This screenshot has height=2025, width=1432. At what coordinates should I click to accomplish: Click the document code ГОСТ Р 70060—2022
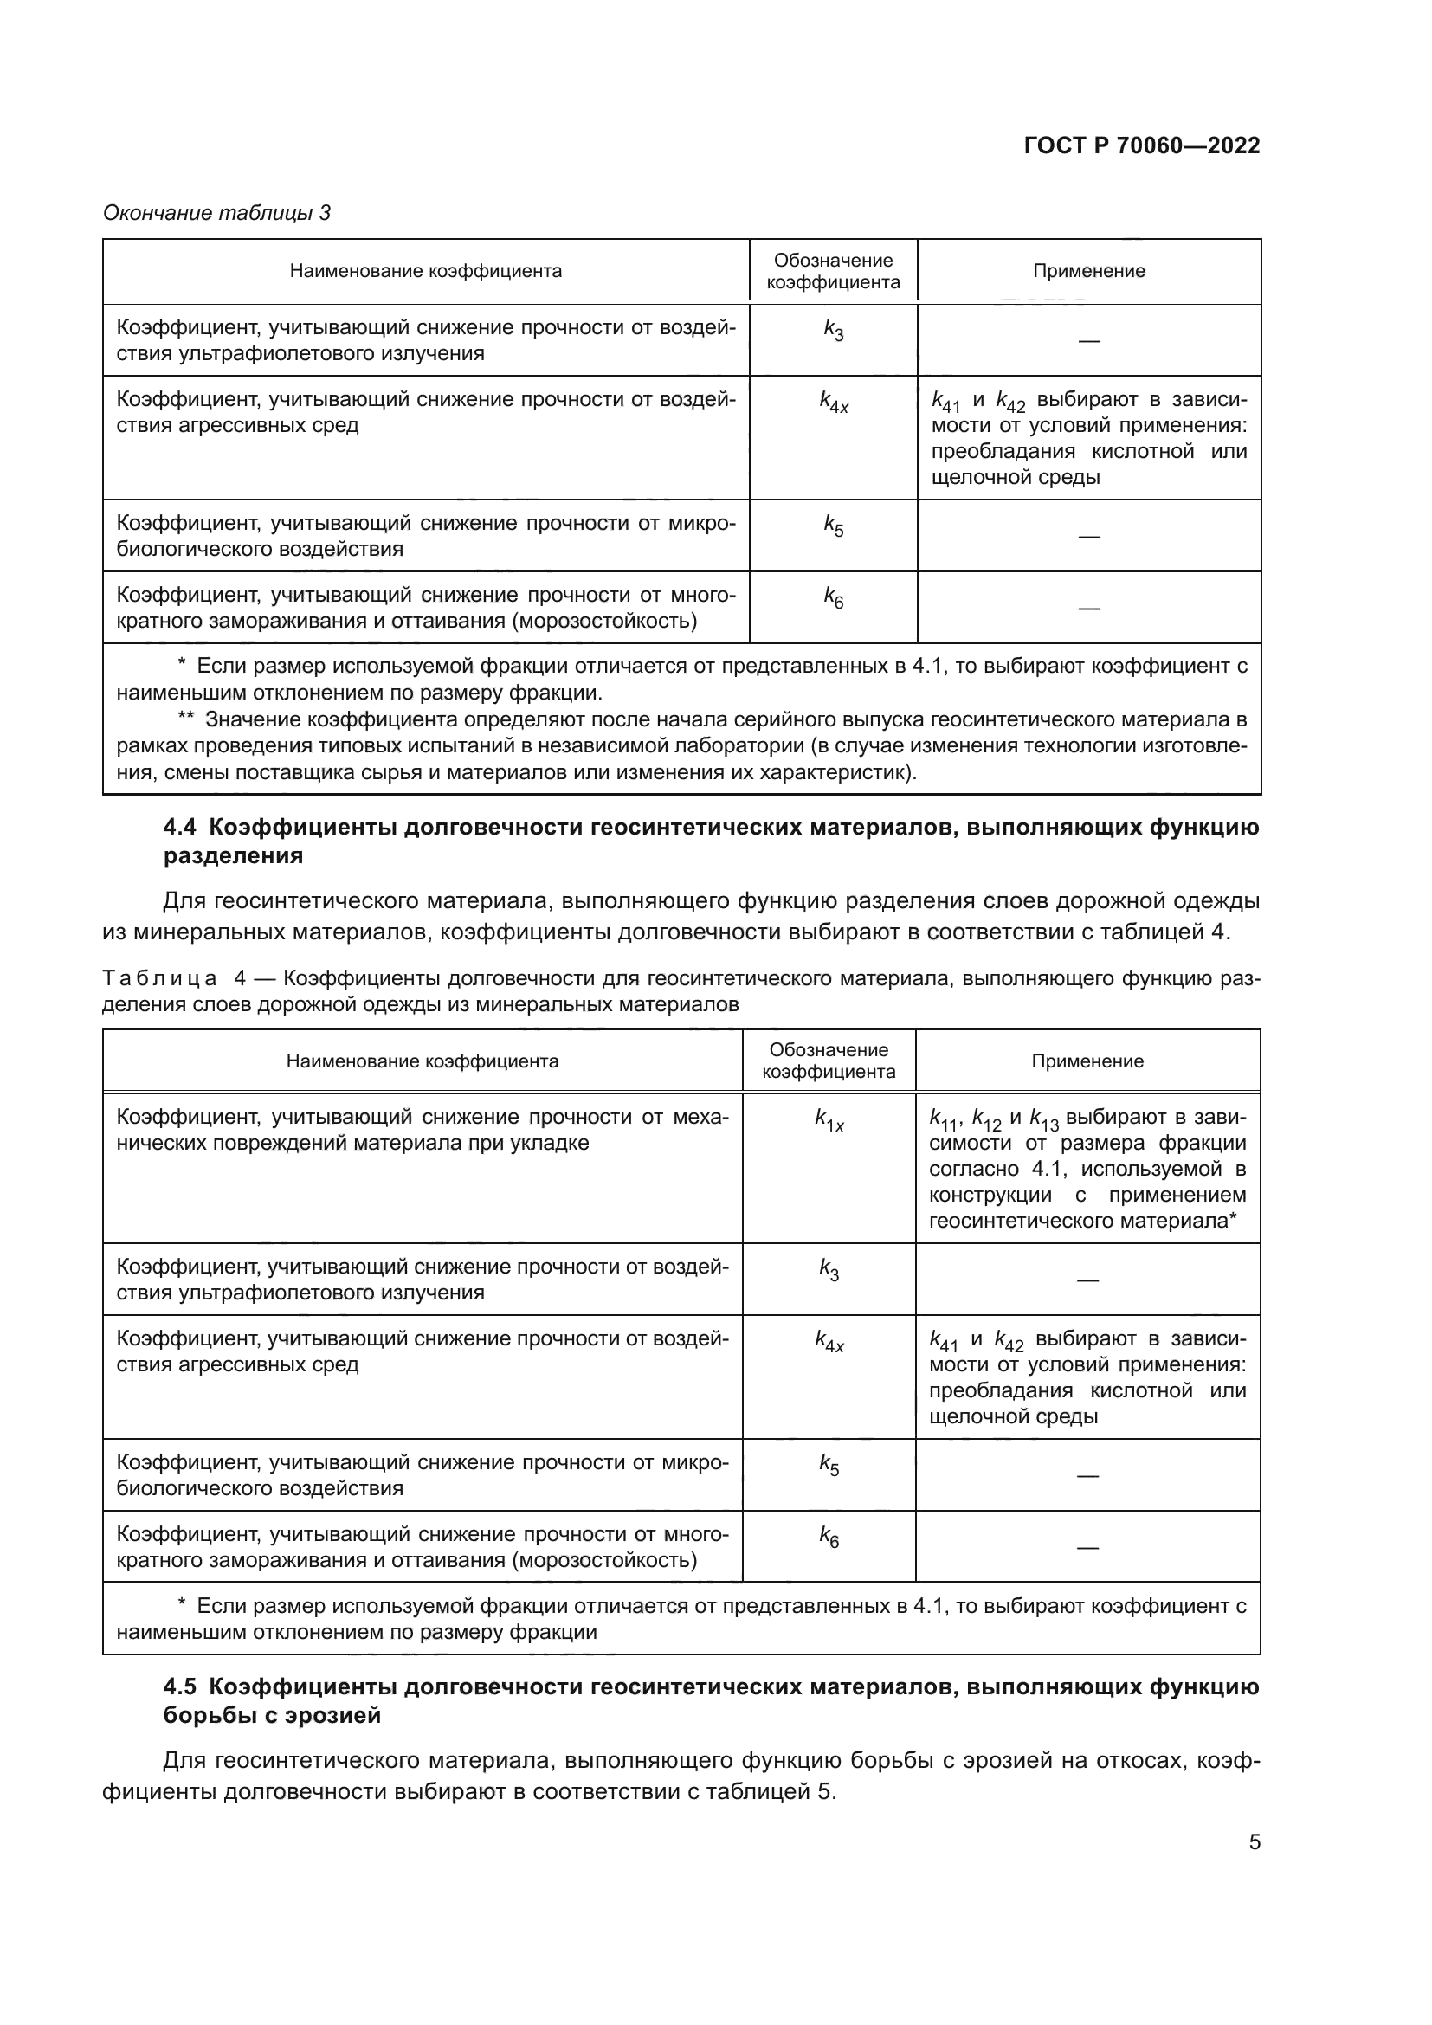tap(1142, 145)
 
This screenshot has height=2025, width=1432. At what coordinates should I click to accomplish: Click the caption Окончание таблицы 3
tap(217, 213)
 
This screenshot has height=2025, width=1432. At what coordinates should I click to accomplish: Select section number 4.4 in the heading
tap(180, 828)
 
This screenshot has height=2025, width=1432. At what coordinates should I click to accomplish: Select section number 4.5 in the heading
tap(180, 1687)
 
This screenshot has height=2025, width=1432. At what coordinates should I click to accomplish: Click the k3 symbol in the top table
tap(833, 331)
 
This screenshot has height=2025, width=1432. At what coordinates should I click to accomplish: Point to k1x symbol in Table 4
tap(829, 1121)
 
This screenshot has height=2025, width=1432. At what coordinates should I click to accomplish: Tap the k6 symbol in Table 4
tap(829, 1538)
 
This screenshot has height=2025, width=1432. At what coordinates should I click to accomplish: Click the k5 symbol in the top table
tap(833, 526)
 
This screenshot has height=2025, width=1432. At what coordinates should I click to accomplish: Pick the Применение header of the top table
tap(1089, 271)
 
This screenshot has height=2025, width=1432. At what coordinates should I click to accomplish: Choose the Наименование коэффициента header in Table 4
tap(423, 1061)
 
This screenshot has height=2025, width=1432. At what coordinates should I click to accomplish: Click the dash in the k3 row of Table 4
tap(1087, 1280)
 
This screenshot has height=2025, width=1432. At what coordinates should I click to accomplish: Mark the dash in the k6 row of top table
tap(1089, 609)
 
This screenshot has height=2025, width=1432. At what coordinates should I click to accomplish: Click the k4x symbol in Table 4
tap(829, 1343)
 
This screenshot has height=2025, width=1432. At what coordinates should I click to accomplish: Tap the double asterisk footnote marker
tap(185, 719)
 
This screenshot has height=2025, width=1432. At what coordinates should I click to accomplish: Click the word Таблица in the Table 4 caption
tap(160, 978)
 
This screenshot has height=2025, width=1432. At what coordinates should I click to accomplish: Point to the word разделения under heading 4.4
tap(233, 855)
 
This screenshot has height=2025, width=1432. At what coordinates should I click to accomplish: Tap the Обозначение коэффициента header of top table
tap(833, 271)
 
